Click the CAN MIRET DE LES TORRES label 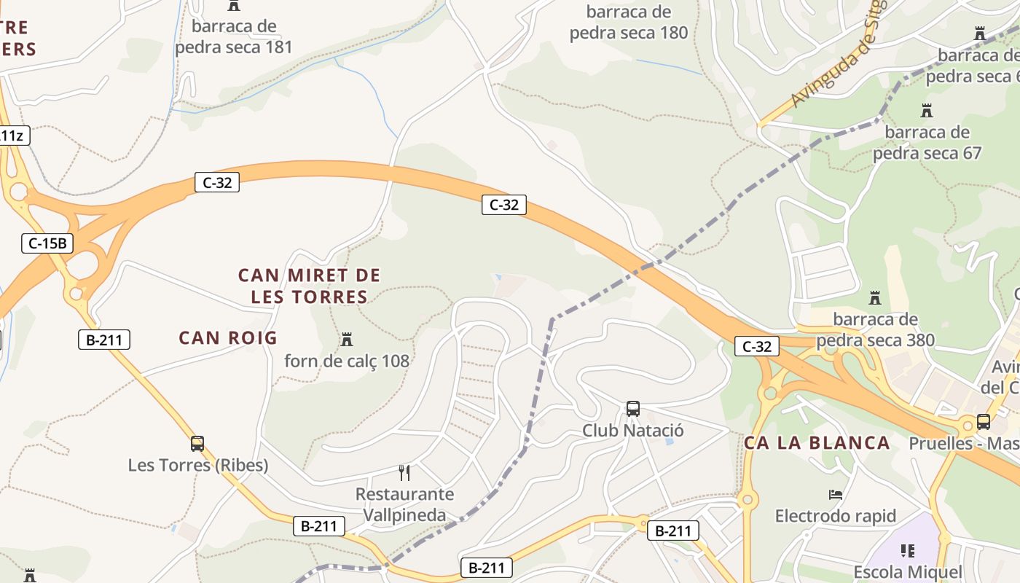(309, 286)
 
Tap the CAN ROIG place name (228, 338)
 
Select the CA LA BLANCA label (817, 443)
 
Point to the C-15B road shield (47, 243)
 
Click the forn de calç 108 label (347, 361)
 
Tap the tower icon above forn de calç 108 (347, 340)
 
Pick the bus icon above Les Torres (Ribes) (197, 443)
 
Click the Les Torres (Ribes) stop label (198, 465)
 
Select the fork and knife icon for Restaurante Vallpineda (404, 473)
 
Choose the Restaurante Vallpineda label (404, 504)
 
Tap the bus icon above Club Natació (633, 409)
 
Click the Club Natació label (633, 431)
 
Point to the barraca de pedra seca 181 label (234, 37)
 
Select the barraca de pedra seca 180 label (629, 23)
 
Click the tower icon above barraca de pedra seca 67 (927, 111)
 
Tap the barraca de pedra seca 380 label (875, 329)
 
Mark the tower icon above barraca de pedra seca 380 (875, 298)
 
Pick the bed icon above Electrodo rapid (836, 495)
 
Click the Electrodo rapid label (836, 517)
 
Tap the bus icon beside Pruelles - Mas (984, 422)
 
